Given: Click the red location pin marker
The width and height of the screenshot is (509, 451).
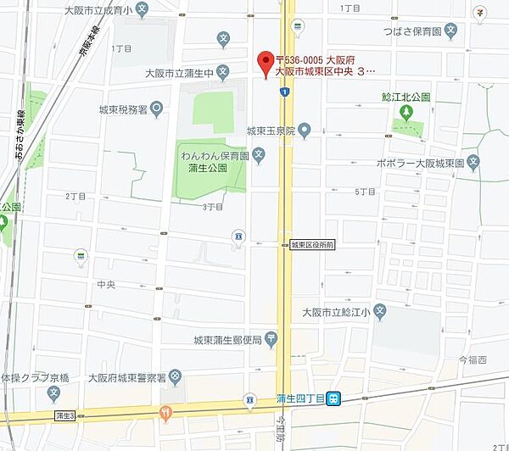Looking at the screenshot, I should [x=265, y=61].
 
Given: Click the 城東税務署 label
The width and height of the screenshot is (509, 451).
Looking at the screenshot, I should [x=123, y=109].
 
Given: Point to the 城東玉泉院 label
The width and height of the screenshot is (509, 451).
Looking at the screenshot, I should [x=271, y=131].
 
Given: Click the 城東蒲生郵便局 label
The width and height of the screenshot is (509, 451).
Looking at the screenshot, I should [x=227, y=340].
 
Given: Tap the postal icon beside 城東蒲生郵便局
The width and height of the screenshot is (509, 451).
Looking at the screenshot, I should [x=271, y=340].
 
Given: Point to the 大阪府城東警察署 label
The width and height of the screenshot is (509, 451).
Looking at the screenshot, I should [x=127, y=376].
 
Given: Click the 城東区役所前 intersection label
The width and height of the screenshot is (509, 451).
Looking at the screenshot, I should [x=312, y=244].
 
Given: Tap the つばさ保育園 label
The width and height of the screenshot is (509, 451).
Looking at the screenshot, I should [x=412, y=31].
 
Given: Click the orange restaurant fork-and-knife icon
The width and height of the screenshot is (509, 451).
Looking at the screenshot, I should [x=165, y=413].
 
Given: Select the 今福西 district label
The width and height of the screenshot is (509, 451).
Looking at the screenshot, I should [x=473, y=359].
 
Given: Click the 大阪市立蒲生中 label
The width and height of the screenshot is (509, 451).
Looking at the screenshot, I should [x=180, y=73].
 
